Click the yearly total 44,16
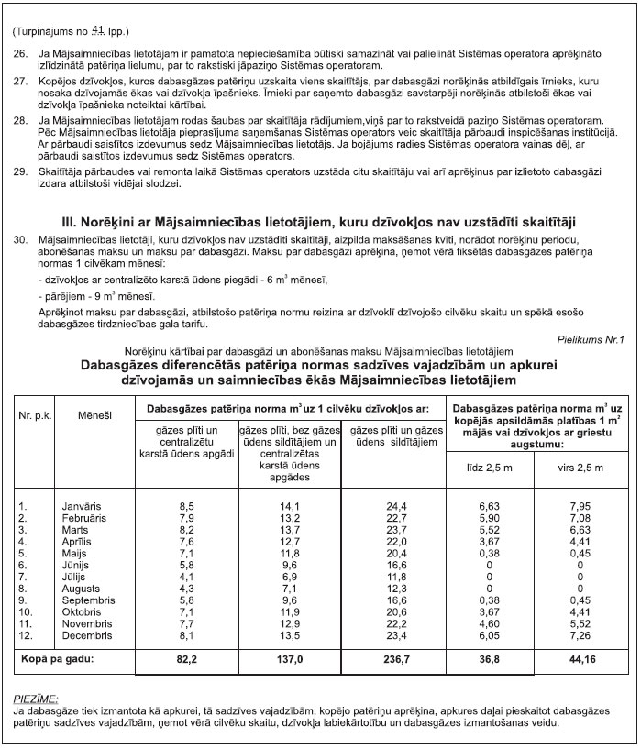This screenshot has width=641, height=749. coord(581,658)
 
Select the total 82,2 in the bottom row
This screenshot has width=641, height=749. coord(186,658)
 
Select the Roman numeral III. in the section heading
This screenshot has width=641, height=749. coord(69,221)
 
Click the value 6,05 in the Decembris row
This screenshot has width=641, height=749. coord(487,634)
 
